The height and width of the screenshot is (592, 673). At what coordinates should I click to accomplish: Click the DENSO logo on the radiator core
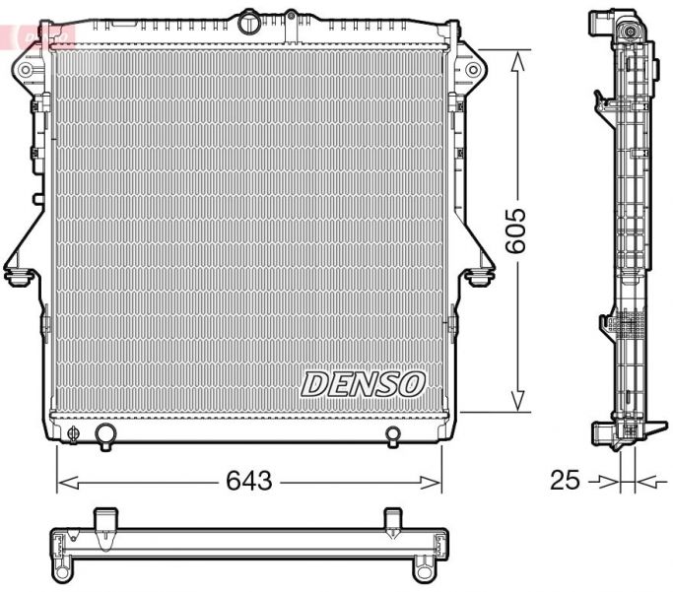pos(362,383)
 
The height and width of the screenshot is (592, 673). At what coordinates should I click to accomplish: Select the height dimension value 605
pos(516,231)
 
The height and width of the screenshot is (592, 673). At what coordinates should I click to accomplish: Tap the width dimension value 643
pos(248,481)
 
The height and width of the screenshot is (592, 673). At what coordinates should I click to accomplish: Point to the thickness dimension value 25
pos(564,481)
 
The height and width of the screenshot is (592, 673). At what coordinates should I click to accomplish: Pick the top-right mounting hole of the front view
pos(473,70)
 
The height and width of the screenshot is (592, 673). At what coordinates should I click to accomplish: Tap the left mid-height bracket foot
pos(17,277)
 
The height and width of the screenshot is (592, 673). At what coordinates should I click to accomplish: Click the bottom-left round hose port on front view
pos(104,434)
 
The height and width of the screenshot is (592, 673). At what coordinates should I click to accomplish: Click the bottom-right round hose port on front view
pos(392,434)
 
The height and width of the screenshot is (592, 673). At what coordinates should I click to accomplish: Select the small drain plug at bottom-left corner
pos(73,432)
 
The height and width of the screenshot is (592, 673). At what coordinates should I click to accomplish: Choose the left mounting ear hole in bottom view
pos(64,570)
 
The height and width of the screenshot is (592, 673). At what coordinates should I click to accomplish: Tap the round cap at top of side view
pos(628,31)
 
